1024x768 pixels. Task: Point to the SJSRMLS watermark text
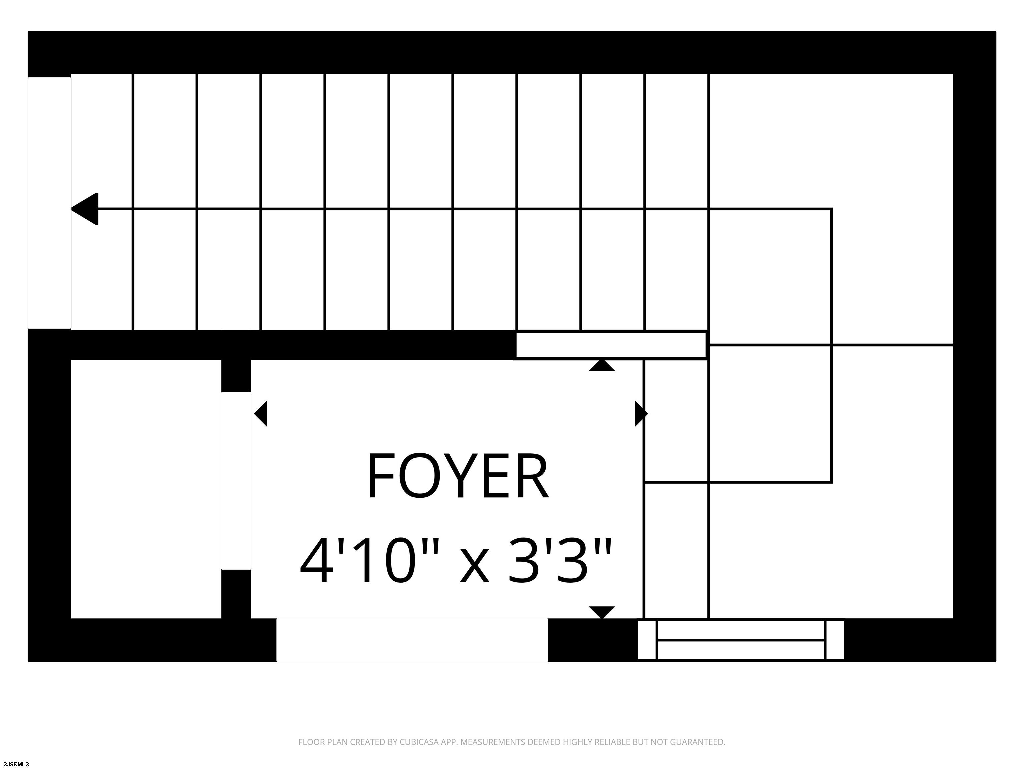(x=16, y=764)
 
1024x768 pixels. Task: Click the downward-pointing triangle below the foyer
(x=602, y=612)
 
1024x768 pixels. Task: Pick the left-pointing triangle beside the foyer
(x=261, y=413)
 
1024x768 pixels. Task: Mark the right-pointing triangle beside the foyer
(x=641, y=413)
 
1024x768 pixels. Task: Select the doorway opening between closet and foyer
(x=236, y=481)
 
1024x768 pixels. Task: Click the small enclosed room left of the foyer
(x=146, y=489)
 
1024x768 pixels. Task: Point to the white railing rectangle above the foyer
(x=611, y=345)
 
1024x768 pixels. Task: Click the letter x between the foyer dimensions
(x=474, y=567)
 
